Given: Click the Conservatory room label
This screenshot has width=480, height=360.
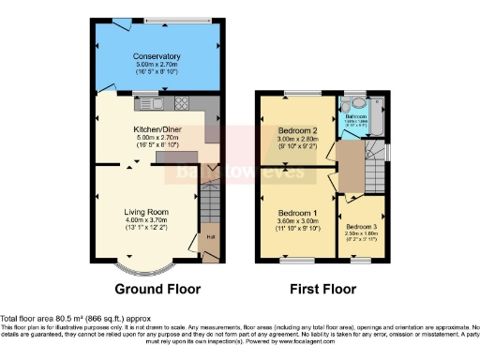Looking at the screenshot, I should pyautogui.click(x=157, y=57).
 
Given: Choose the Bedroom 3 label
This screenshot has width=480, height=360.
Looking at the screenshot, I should pyautogui.click(x=360, y=227).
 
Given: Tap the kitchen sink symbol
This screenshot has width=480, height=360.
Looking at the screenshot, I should pyautogui.click(x=152, y=104).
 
